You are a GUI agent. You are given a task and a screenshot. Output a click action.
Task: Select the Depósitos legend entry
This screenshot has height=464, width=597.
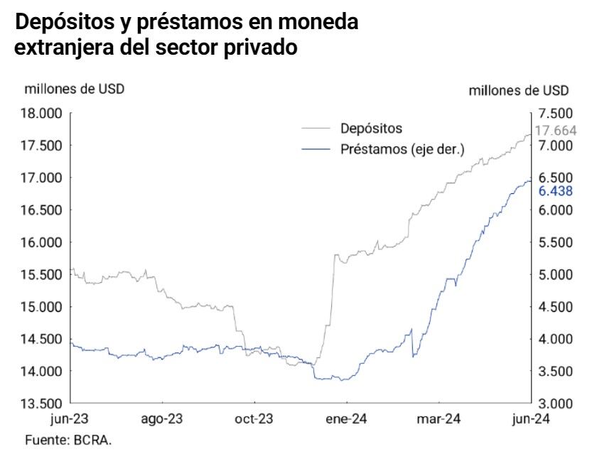tap(371, 129)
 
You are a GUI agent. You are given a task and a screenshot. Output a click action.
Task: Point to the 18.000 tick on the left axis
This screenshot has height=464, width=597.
tap(44, 113)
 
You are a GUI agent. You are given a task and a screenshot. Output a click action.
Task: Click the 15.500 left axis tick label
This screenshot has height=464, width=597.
tap(44, 274)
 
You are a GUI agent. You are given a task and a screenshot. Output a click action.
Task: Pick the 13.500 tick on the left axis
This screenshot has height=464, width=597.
tap(44, 404)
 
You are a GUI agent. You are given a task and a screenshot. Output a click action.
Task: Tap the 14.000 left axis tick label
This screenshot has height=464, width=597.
tap(44, 371)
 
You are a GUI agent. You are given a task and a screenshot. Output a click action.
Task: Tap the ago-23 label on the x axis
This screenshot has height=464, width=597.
tap(163, 419)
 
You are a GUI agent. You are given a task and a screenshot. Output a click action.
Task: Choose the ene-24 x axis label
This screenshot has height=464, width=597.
tap(346, 419)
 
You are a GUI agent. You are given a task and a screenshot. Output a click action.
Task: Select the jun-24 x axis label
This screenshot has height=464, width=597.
tap(530, 419)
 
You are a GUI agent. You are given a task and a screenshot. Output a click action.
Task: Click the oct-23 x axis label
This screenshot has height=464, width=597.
tap(254, 419)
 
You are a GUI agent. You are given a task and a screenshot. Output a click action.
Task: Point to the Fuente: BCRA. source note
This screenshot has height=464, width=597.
tap(68, 440)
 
